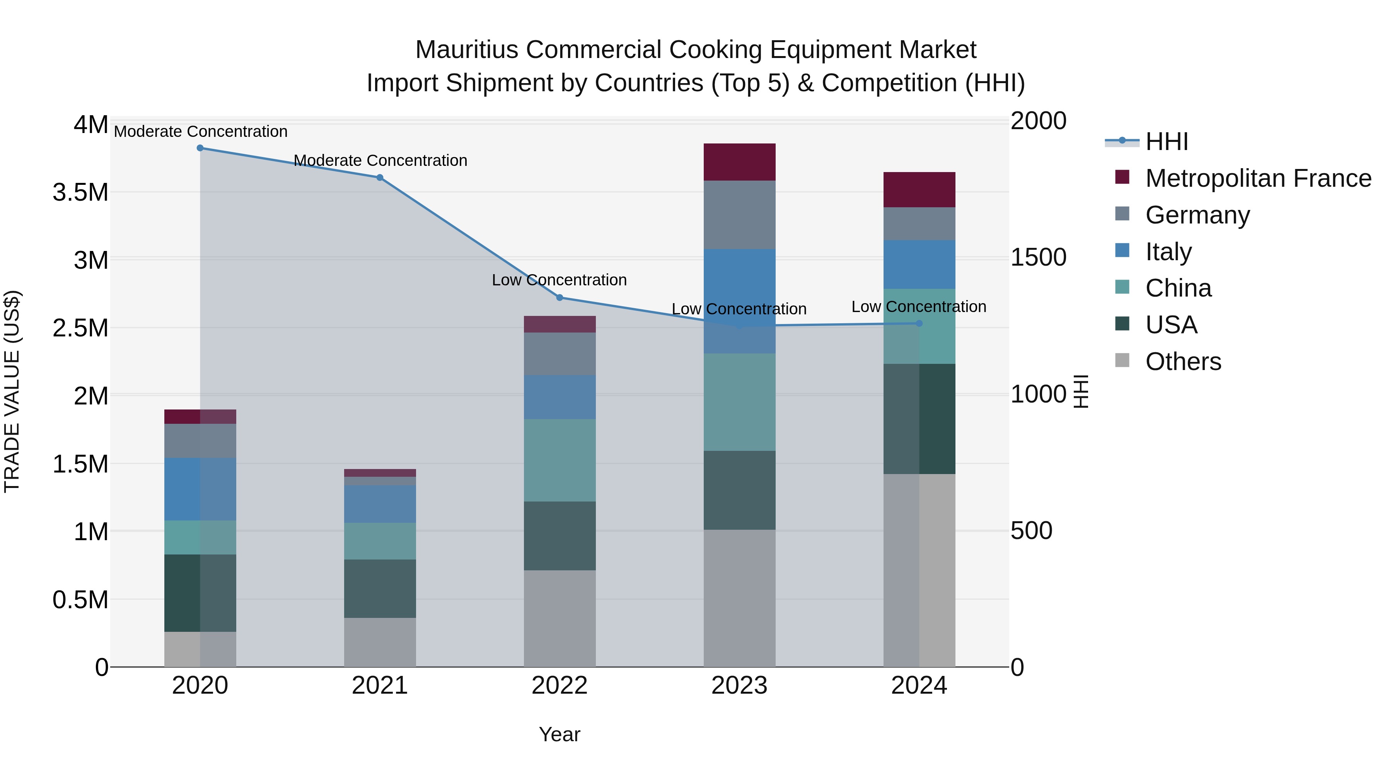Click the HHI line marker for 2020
point(200,148)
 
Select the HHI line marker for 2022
point(560,298)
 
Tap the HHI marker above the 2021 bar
point(380,178)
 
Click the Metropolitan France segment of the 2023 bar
point(739,162)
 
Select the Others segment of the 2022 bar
point(560,618)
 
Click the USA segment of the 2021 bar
point(380,589)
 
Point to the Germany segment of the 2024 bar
point(919,224)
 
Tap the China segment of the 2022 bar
point(560,461)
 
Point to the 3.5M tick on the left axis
point(80,193)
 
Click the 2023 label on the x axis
point(739,686)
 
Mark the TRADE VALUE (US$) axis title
point(12,391)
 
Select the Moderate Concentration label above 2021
point(380,160)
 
